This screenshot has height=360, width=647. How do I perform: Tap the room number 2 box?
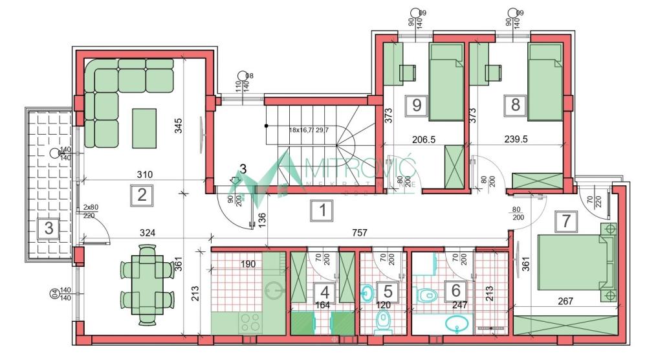(140, 195)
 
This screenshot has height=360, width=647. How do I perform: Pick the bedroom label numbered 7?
(566, 220)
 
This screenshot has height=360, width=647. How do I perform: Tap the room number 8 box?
(515, 106)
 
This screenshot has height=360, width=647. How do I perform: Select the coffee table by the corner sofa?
(144, 128)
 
